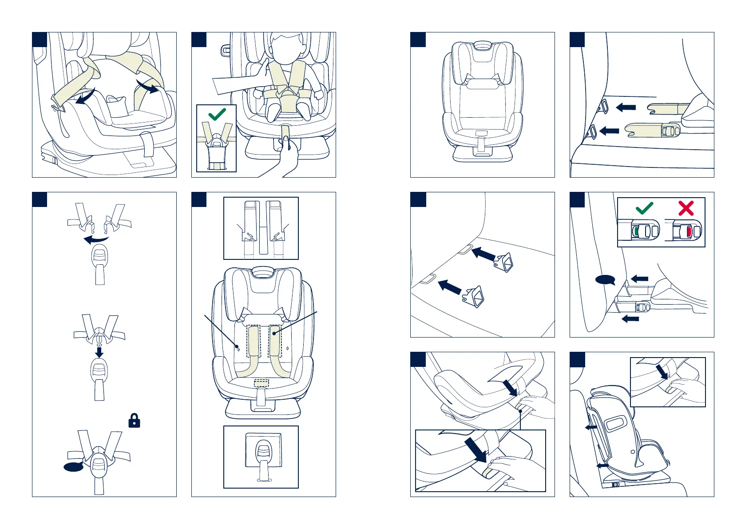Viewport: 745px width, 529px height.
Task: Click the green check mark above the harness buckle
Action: point(217,114)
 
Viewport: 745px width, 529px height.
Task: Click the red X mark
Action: point(686,208)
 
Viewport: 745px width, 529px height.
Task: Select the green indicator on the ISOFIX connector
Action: point(637,231)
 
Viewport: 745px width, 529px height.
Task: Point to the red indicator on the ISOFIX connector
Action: point(689,231)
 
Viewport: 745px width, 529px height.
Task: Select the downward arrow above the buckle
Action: point(99,352)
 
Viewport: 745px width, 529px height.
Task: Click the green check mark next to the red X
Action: point(644,208)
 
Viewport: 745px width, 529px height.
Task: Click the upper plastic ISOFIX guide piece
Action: point(504,262)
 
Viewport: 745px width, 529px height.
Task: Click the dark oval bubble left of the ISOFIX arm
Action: point(605,280)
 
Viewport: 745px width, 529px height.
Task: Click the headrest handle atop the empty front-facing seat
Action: point(482,46)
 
